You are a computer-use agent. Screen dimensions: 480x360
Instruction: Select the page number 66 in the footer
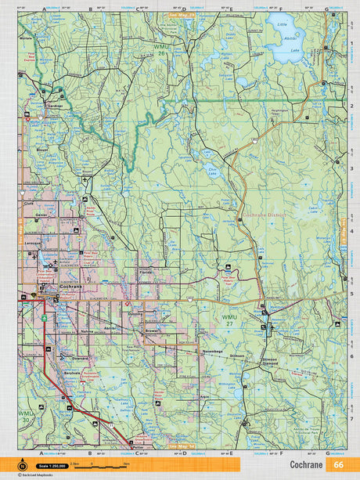(337, 464)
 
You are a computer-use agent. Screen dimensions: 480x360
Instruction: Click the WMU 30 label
(27, 416)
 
